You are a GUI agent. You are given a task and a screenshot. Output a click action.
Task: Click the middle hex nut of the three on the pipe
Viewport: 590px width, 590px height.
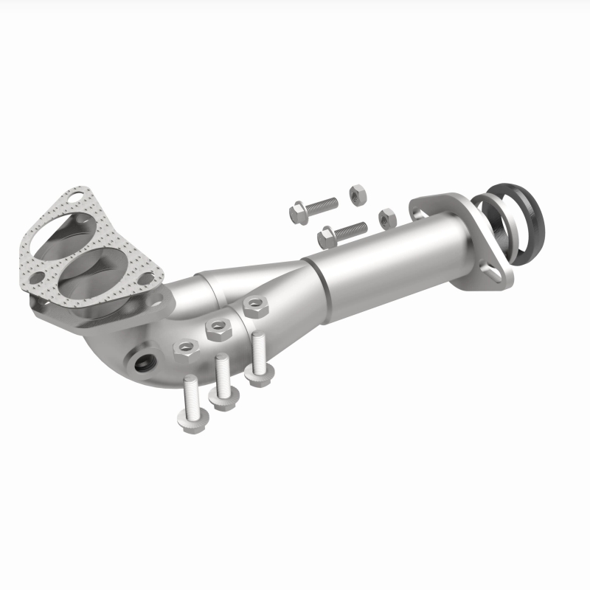click(x=218, y=327)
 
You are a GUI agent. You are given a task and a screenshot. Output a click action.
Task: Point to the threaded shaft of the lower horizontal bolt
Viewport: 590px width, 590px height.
click(x=351, y=229)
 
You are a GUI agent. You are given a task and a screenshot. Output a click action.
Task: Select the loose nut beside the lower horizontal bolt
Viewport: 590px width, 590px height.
click(x=386, y=218)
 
